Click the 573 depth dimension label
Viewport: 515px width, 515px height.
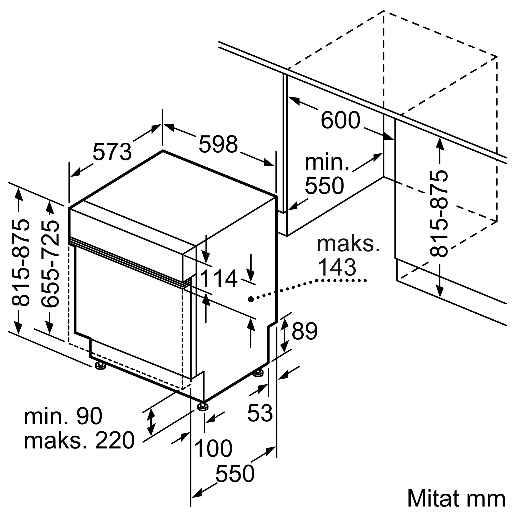112,152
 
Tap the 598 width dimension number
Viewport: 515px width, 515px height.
218,144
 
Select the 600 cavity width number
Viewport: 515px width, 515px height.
340,120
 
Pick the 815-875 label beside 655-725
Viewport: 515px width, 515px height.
20,263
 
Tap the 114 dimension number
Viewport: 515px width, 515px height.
218,279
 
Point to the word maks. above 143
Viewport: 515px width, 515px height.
348,244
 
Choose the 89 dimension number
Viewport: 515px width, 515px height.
304,331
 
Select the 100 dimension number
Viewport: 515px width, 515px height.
213,449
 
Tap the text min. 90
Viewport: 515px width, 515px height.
63,416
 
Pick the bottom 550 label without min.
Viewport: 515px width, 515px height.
235,474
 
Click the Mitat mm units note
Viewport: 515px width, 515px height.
456,498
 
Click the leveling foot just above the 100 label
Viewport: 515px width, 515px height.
203,407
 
